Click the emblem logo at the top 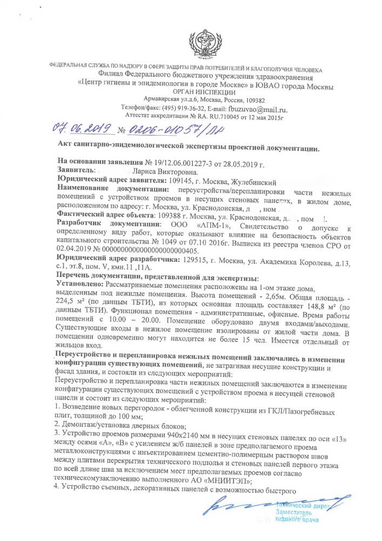(x=204, y=43)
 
